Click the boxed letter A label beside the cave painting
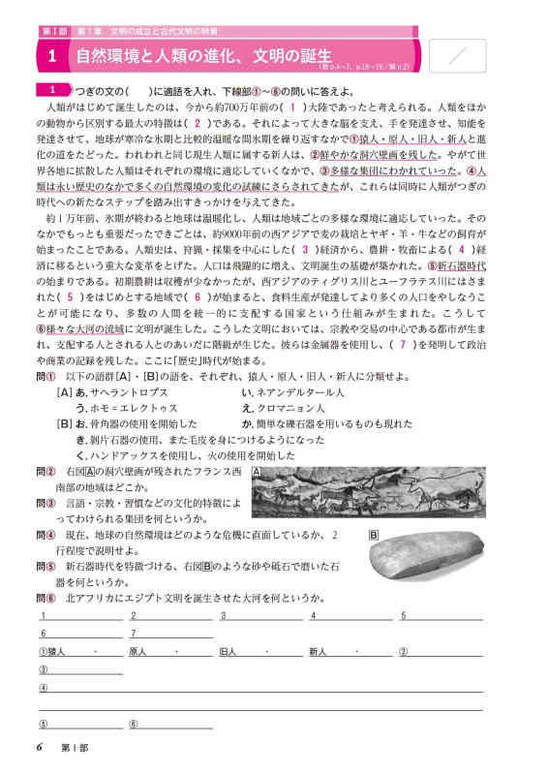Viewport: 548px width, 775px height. point(256,472)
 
